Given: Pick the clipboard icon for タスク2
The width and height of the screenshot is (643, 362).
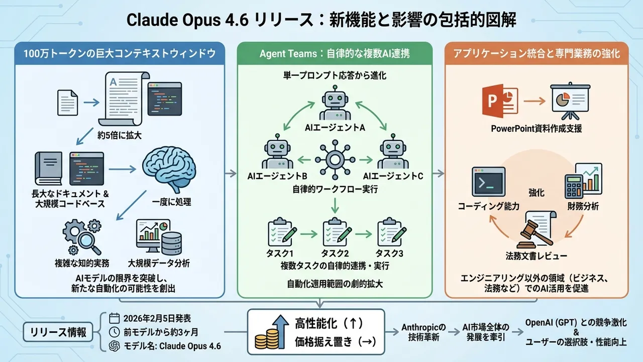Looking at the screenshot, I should [x=336, y=232].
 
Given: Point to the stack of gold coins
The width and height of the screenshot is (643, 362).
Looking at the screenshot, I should [x=267, y=339].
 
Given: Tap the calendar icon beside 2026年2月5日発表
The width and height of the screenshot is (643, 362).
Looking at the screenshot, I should [x=114, y=318].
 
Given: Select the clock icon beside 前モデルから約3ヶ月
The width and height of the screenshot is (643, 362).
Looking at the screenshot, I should [x=114, y=332].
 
